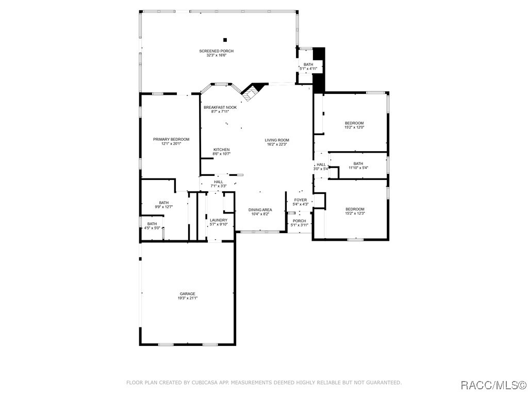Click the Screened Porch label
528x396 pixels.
point(217,51)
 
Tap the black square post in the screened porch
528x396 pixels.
point(225,40)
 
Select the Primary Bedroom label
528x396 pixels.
point(171,139)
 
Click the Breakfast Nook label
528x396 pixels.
point(220,107)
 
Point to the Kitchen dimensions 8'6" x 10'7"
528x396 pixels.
point(221,154)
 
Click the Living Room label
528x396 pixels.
point(277,140)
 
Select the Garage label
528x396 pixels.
point(187,293)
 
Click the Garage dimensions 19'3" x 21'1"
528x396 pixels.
point(187,298)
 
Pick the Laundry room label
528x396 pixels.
point(219,220)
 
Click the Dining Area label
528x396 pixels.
point(260,210)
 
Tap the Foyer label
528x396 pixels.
point(301,200)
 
